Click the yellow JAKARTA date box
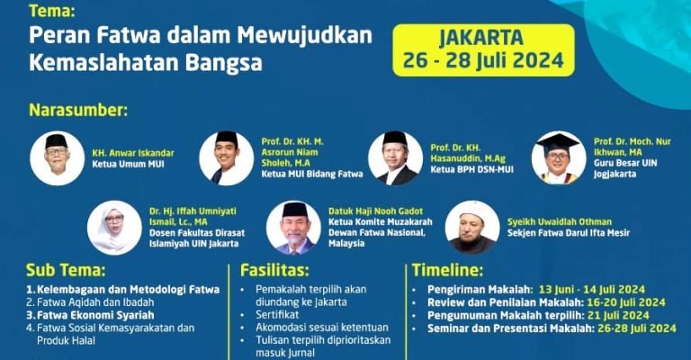tap(483, 50)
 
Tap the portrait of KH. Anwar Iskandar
tap(57, 157)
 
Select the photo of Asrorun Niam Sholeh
tap(226, 157)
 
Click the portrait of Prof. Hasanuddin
tap(394, 157)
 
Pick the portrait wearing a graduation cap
tap(558, 157)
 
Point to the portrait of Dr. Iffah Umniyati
tap(114, 227)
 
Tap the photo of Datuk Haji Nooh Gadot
tap(293, 227)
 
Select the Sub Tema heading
tap(66, 269)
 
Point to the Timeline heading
tap(448, 269)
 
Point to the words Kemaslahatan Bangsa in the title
tap(146, 64)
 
